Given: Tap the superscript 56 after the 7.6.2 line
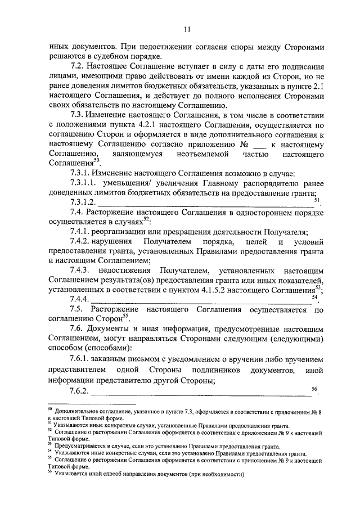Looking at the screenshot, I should (x=314, y=388).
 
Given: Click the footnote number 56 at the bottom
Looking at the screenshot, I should (x=49, y=472).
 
